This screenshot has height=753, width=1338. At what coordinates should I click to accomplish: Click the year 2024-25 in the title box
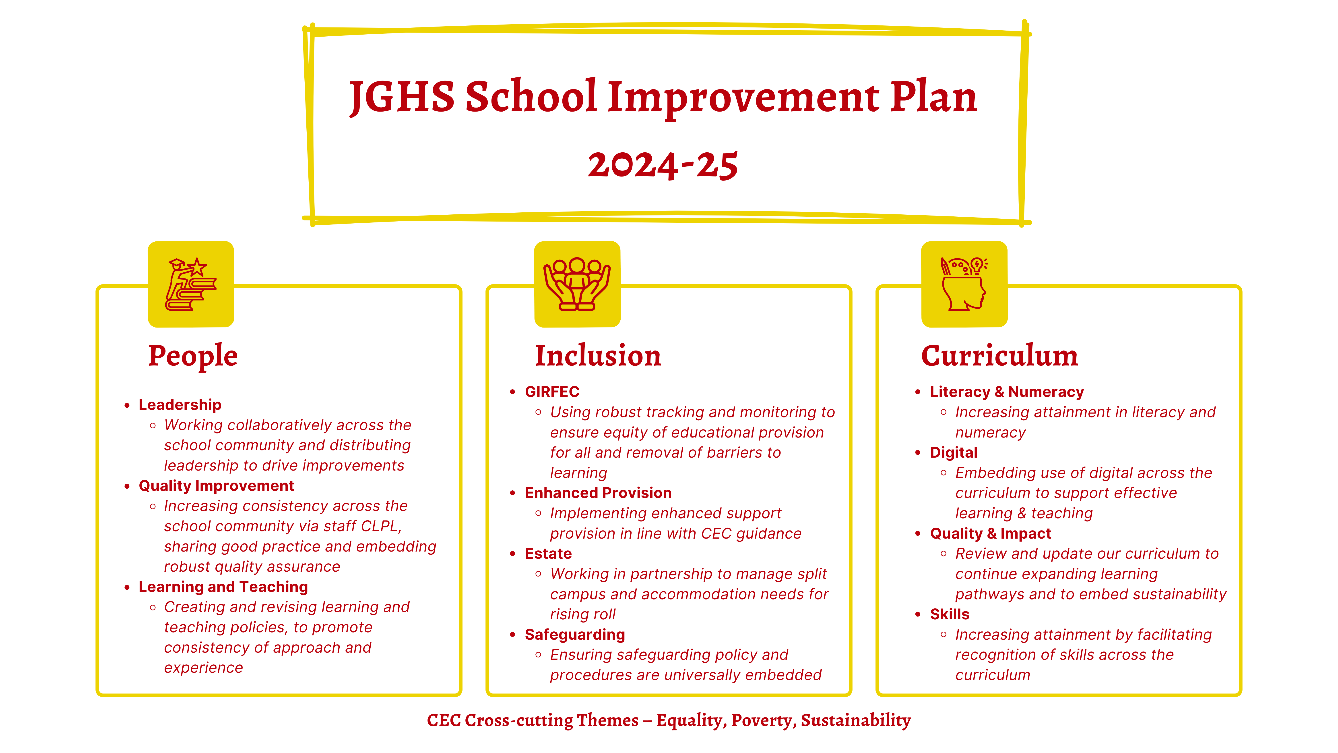[663, 165]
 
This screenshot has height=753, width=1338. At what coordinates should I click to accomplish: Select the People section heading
[193, 357]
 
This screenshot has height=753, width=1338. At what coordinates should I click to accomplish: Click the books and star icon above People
[191, 284]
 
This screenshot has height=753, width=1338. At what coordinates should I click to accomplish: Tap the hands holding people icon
[577, 284]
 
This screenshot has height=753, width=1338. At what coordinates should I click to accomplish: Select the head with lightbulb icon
[964, 284]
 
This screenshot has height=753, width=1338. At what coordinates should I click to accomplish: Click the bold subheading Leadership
[180, 405]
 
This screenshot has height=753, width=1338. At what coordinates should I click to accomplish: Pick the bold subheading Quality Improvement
[216, 486]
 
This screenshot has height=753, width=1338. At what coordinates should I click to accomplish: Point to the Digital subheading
[954, 453]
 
